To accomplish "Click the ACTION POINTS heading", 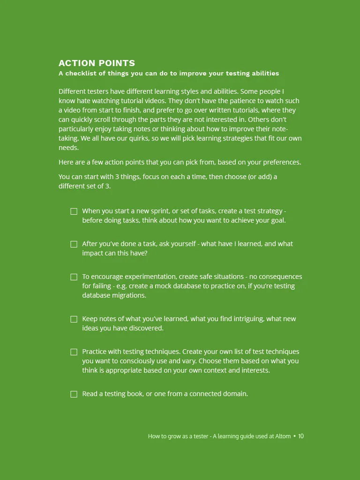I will [x=97, y=63].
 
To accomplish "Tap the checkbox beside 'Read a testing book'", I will [x=74, y=394].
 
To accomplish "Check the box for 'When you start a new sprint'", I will [x=74, y=211].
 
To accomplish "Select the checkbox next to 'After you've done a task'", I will [x=74, y=244].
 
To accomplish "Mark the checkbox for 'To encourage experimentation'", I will [x=74, y=277].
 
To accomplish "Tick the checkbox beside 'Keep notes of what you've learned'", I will [x=74, y=319].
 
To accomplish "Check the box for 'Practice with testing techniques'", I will [x=74, y=352].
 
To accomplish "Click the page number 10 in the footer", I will [x=301, y=436].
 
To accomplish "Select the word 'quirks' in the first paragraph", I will [x=148, y=138].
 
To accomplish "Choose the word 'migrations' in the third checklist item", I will [x=129, y=295].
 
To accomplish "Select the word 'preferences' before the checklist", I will [x=279, y=163].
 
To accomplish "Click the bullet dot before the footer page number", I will [x=294, y=436].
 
